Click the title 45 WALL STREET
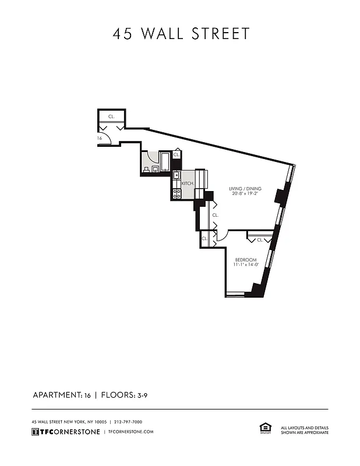coord(181,34)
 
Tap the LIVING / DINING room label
coord(245,189)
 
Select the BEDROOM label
coord(245,259)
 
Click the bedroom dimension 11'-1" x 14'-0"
coord(245,265)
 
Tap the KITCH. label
coord(188,183)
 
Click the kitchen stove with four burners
coord(177,193)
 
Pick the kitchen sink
coord(177,175)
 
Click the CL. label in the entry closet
coord(111,116)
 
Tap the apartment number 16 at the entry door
coord(100,139)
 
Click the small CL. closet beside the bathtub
coord(177,155)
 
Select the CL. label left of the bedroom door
coord(205,238)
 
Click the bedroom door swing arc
coord(221,236)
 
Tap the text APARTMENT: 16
coord(61,395)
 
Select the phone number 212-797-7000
coord(128,422)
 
